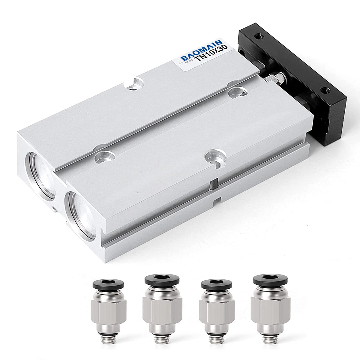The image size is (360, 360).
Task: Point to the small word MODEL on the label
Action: click(189, 62)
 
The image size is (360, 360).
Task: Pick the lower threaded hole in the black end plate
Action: click(325, 91)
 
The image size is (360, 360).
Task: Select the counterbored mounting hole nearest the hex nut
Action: click(238, 92)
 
